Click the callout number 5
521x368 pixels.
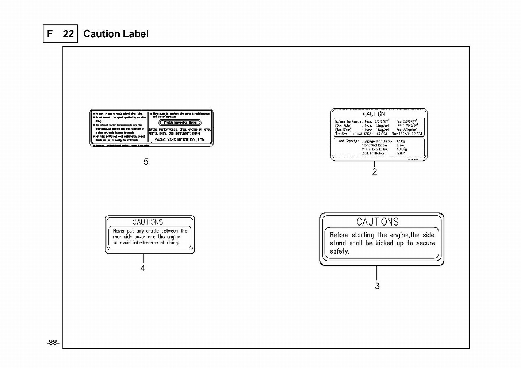pos(146,162)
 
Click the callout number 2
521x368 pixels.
pos(374,171)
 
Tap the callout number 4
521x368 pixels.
pos(143,268)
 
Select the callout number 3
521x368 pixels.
pos(377,286)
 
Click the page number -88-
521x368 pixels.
pos(53,343)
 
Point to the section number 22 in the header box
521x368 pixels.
pos(68,34)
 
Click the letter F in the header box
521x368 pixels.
pos(50,34)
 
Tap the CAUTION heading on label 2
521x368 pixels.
pos(374,114)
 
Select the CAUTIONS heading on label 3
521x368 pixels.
pos(377,222)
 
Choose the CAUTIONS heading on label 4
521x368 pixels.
pos(148,222)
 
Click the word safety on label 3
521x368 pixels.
pos(339,251)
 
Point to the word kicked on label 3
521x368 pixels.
pos(384,243)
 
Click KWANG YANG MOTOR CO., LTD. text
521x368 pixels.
pos(179,140)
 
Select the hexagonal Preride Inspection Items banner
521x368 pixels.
pos(180,123)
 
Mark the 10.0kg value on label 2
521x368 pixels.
pos(402,149)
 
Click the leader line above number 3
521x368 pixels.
pos(377,273)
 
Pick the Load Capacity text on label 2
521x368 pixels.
pos(348,141)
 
